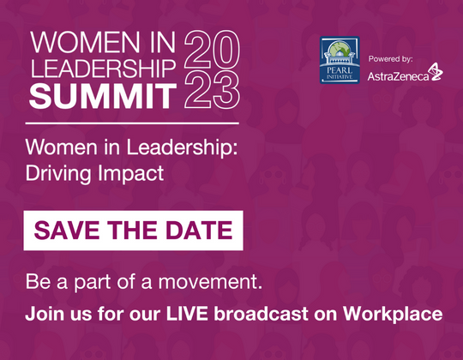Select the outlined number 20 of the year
pyautogui.click(x=211, y=52)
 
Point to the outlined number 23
pyautogui.click(x=211, y=92)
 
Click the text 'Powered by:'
pyautogui.click(x=391, y=59)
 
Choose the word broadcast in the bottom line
pyautogui.click(x=263, y=313)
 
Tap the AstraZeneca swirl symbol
pyautogui.click(x=436, y=73)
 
